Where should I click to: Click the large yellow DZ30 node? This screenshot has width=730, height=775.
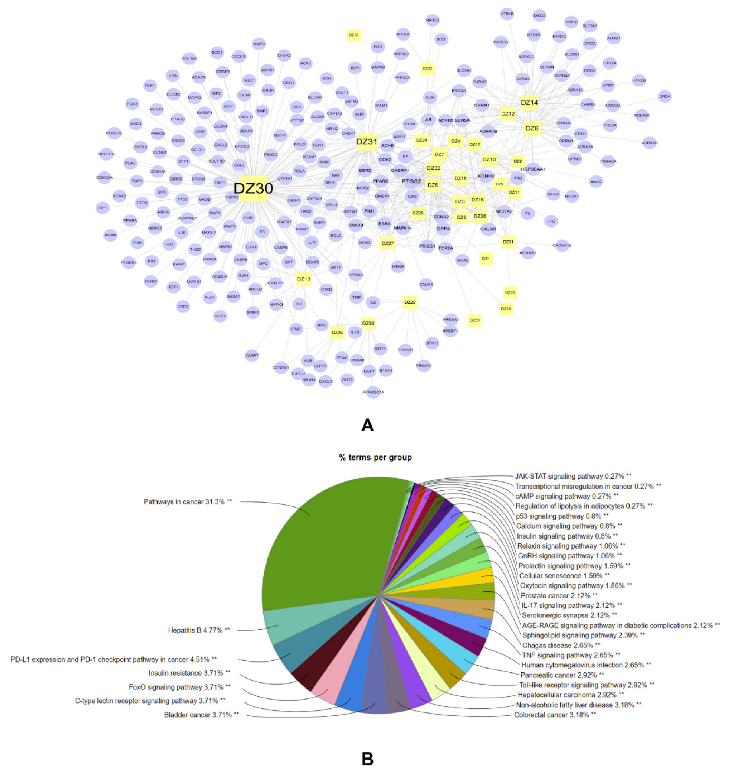tap(254, 189)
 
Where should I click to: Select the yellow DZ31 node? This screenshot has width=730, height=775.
tap(367, 142)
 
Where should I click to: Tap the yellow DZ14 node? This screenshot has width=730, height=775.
tap(529, 103)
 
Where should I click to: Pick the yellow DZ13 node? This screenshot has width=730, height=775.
tap(304, 279)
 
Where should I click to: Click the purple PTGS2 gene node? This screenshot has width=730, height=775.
tap(411, 181)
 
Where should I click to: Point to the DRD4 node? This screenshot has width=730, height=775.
tap(664, 96)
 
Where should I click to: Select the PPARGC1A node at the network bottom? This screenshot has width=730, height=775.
tap(373, 392)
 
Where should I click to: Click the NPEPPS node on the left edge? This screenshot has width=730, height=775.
tap(106, 154)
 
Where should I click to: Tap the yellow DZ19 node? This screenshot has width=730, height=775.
tap(354, 35)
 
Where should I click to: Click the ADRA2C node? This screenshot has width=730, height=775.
tap(649, 143)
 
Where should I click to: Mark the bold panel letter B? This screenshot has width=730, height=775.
tap(367, 759)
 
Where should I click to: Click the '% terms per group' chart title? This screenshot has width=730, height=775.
tap(375, 457)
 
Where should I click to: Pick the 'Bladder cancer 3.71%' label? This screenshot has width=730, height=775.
tap(201, 715)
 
